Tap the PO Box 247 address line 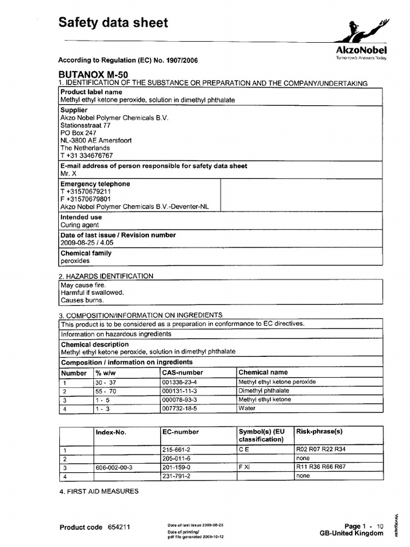point(78,133)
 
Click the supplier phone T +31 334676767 point(86,155)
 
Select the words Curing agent point(80,225)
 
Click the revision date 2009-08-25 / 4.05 point(87,243)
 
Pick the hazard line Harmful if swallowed point(92,293)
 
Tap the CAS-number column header point(182,372)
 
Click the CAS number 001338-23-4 point(179,382)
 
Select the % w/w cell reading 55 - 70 point(105,391)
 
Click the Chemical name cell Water point(247,409)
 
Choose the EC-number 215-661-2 point(176,450)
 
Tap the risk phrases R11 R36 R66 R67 point(320,467)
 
